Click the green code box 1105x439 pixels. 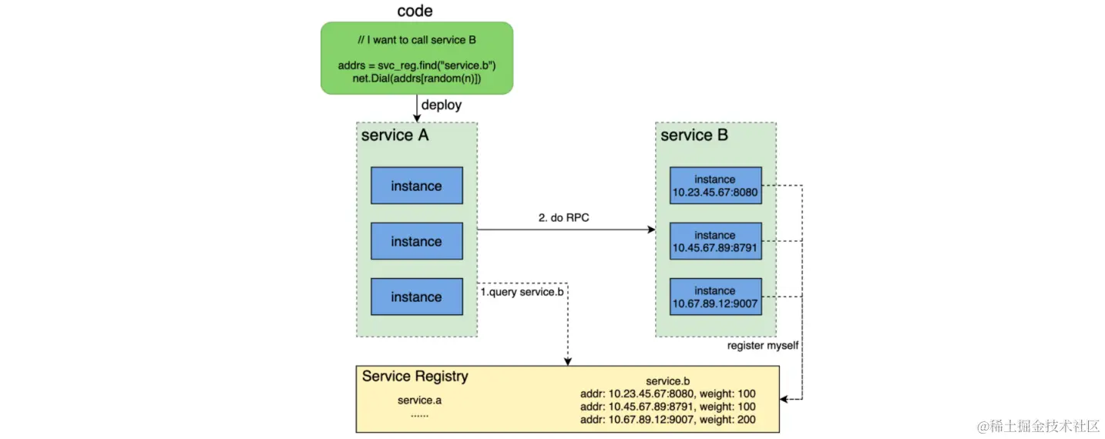pos(416,58)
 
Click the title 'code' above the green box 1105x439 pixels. pos(415,11)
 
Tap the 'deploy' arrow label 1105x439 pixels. pos(441,105)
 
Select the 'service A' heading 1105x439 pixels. pos(395,136)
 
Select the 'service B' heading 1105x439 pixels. pos(694,136)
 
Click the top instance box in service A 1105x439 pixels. pos(416,186)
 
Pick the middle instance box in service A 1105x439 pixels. pos(416,241)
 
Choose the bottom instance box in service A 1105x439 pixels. pos(416,297)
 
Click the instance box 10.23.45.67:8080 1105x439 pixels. pos(715,186)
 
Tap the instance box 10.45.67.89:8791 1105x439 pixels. pos(715,241)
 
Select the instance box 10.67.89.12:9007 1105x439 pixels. pos(715,297)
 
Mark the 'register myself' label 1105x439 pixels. pos(763,346)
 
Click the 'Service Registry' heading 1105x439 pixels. pos(415,377)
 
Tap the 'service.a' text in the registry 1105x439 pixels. pos(419,400)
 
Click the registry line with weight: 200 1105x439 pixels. pos(667,420)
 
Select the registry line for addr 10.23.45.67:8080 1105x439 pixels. pos(667,394)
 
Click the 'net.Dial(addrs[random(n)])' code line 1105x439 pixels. pos(416,79)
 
